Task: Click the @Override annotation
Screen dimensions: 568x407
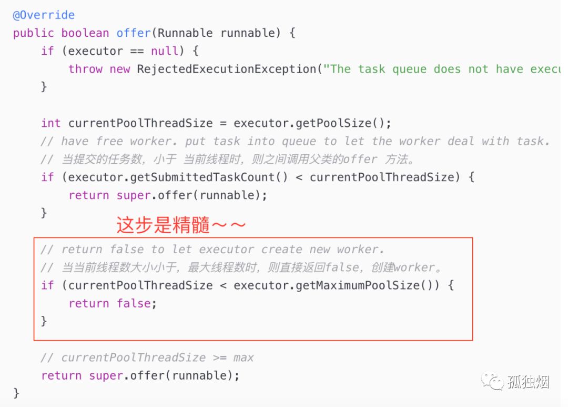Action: coord(44,15)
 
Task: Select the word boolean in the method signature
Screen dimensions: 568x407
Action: coord(85,33)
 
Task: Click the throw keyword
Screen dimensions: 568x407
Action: coord(85,69)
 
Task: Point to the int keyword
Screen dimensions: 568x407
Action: coord(50,123)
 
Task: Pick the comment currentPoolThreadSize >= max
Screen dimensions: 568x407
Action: coord(147,358)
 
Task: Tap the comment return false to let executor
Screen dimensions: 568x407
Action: coord(212,250)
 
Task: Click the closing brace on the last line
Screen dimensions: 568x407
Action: coord(16,393)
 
